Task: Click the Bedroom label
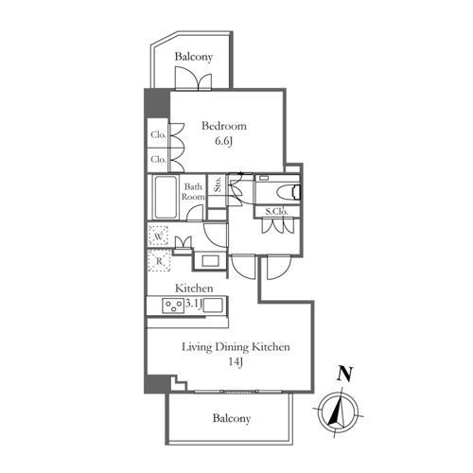click(x=224, y=126)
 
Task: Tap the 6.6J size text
click(x=223, y=141)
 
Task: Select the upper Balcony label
click(x=194, y=57)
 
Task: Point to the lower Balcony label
click(x=232, y=418)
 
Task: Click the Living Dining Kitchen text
click(x=236, y=347)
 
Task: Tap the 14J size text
click(x=236, y=362)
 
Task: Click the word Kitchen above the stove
click(x=194, y=289)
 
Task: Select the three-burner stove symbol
click(x=173, y=306)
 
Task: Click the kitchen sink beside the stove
click(x=213, y=306)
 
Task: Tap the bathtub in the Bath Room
click(x=165, y=197)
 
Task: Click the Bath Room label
click(x=193, y=191)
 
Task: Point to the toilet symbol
click(x=289, y=192)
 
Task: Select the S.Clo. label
click(x=276, y=212)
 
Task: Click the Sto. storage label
click(x=218, y=184)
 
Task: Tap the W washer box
click(x=158, y=236)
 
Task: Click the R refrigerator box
click(x=159, y=260)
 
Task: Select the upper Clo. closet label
click(x=158, y=134)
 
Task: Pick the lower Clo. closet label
click(x=158, y=159)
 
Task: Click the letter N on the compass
click(x=344, y=375)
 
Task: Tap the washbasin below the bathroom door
click(x=211, y=261)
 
